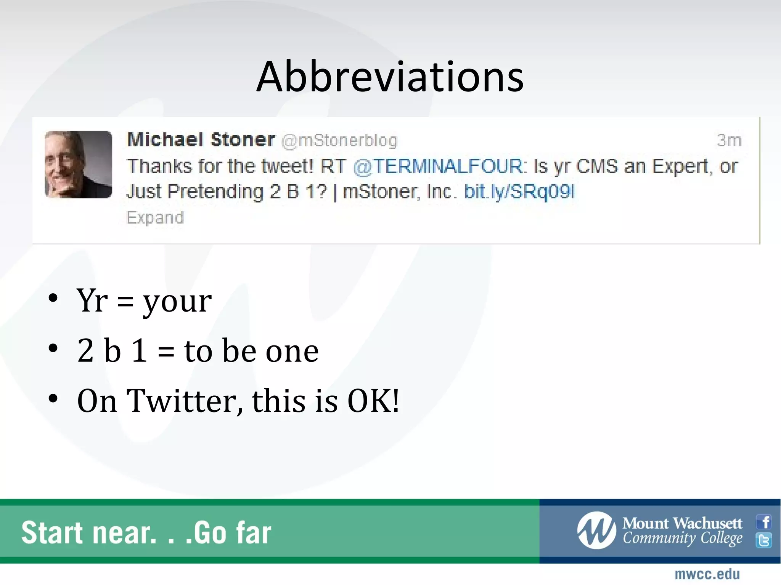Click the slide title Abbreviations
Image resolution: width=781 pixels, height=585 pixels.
[390, 77]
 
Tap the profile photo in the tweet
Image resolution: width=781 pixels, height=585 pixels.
[79, 165]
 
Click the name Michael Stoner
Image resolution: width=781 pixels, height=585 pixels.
[201, 140]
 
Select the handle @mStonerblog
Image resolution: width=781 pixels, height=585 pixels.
[339, 141]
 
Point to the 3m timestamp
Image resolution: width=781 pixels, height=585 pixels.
[729, 141]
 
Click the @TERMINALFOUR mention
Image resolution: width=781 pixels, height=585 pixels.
[440, 166]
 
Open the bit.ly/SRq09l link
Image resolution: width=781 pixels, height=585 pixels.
[519, 192]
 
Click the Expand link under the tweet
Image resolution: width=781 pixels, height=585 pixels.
[155, 217]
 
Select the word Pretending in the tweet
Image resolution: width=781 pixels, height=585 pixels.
[215, 192]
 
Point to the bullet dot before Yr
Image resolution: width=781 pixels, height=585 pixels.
[53, 298]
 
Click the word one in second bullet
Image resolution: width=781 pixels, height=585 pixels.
[292, 351]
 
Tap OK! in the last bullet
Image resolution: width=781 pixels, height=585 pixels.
[373, 401]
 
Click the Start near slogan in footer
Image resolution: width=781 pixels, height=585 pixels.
[146, 532]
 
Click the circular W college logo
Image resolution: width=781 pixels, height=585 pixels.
[596, 530]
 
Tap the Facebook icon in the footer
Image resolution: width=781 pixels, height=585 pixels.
[764, 521]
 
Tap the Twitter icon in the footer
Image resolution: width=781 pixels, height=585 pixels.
[764, 540]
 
